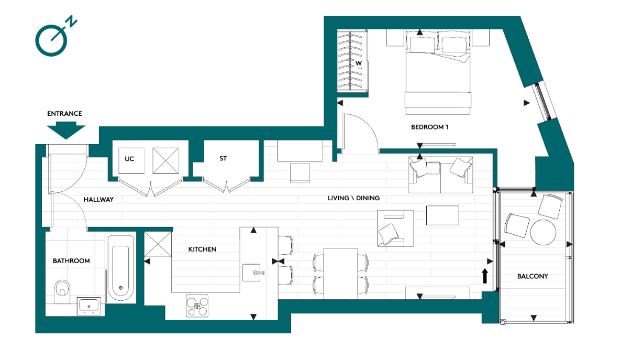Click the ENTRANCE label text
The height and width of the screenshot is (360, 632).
[64, 113]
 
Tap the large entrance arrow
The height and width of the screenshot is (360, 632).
[65, 130]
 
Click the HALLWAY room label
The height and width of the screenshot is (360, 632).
[98, 200]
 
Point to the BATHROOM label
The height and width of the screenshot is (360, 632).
[71, 260]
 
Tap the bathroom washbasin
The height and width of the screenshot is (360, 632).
[90, 306]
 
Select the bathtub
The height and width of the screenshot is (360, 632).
[121, 268]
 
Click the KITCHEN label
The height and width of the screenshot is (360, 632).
[202, 249]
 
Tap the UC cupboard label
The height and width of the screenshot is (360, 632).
[129, 158]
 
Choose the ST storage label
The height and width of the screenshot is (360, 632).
[223, 158]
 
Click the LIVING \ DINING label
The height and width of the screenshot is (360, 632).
[353, 198]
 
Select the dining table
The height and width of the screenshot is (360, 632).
[340, 273]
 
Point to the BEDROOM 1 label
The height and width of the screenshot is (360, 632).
[429, 127]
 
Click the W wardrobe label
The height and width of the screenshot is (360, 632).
[359, 63]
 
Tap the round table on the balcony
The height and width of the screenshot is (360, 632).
[543, 232]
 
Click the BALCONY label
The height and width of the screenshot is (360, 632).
[533, 276]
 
